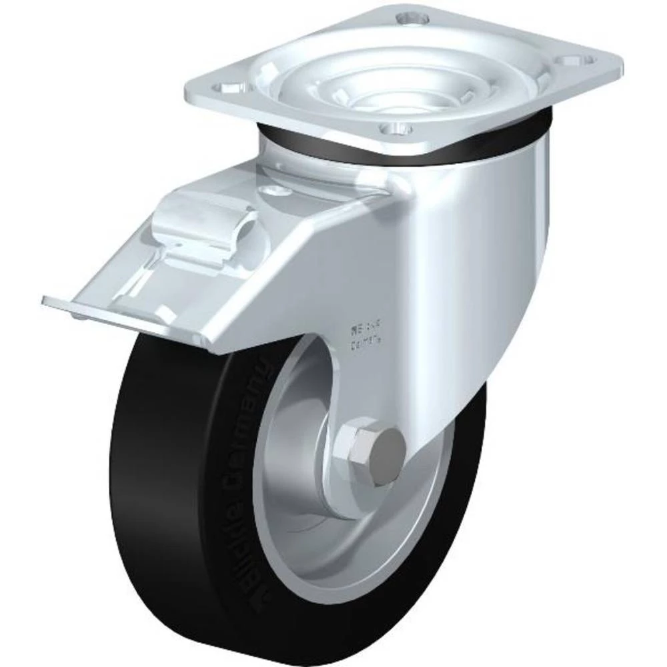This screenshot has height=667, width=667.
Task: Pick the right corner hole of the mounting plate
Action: point(582,61)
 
